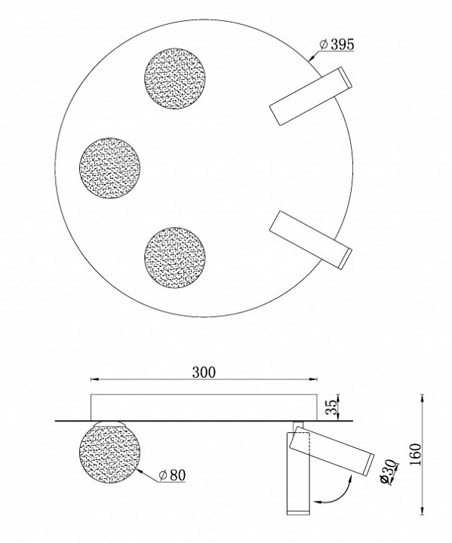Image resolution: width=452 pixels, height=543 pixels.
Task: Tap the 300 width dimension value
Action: click(204, 371)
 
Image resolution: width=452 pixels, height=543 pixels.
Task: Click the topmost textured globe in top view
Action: click(174, 78)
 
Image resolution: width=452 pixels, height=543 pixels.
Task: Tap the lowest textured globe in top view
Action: click(174, 254)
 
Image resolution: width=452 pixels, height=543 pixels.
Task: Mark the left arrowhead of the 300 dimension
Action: click(94, 379)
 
